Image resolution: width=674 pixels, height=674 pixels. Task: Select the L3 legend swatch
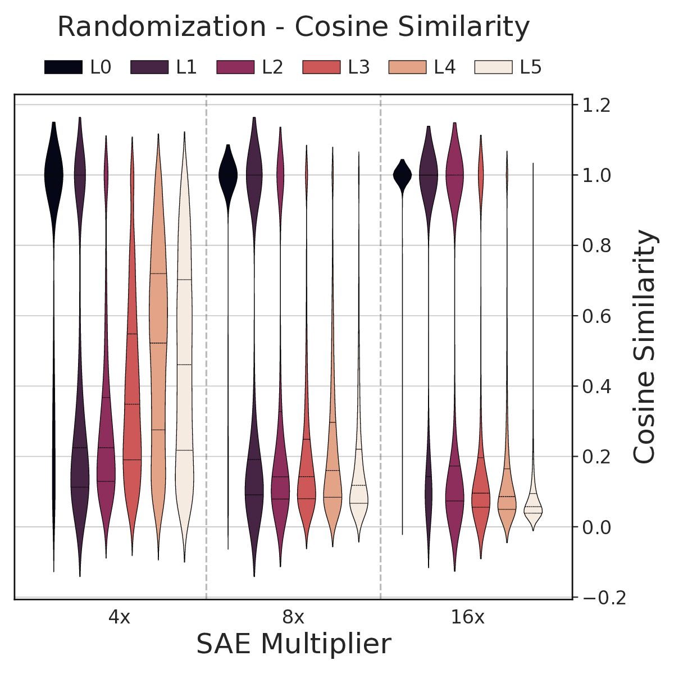[321, 67]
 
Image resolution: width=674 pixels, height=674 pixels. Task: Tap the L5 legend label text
[530, 67]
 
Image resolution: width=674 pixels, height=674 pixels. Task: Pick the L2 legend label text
[272, 67]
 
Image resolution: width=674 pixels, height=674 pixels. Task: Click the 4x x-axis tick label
[119, 618]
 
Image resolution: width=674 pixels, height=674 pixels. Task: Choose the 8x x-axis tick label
[293, 618]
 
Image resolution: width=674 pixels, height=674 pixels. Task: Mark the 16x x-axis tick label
[467, 618]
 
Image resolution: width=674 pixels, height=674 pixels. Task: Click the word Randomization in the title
[162, 27]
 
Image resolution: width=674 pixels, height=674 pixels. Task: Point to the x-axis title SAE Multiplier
[293, 644]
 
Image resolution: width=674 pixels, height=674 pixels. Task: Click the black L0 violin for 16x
[402, 175]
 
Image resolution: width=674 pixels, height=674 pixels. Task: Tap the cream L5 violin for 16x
[533, 509]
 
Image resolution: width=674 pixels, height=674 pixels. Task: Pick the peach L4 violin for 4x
[158, 337]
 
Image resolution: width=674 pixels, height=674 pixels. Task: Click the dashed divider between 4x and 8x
[206, 348]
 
